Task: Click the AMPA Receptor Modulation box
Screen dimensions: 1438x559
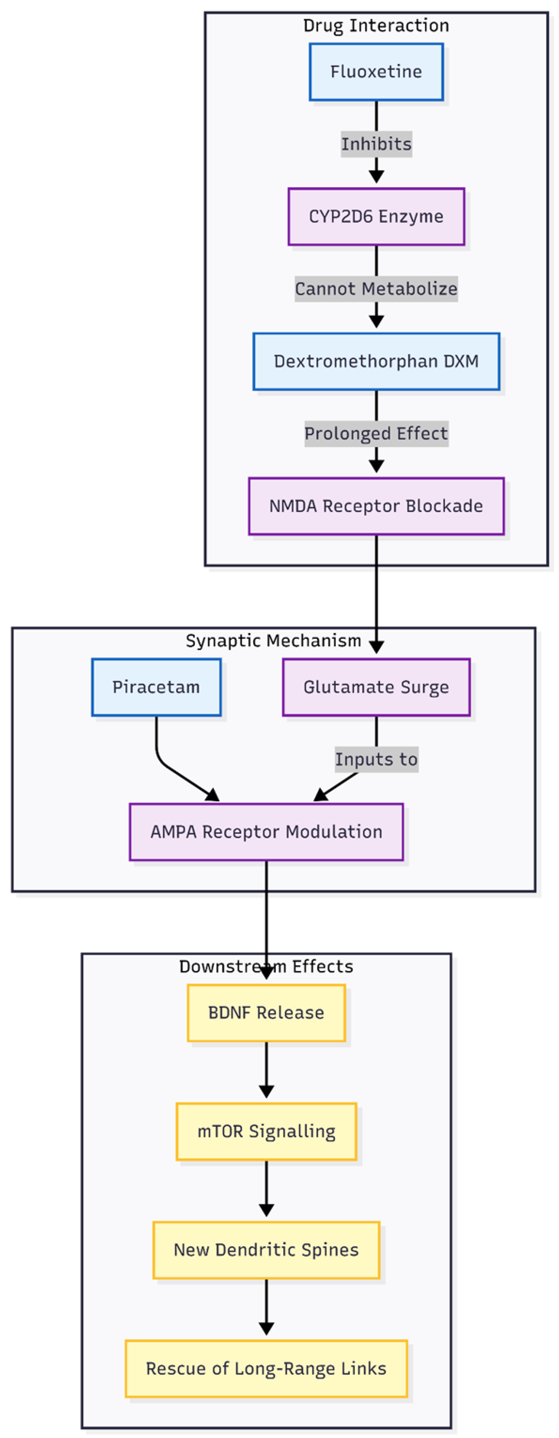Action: click(x=266, y=832)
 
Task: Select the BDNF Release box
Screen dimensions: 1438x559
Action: click(x=266, y=1013)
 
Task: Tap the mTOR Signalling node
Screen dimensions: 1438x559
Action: click(x=266, y=1132)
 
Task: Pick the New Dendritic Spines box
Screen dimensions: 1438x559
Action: click(x=266, y=1250)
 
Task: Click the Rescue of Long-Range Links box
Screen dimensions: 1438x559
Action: click(x=266, y=1369)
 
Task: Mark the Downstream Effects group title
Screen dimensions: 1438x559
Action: click(x=266, y=966)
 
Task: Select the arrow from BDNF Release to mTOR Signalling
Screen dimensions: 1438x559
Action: click(x=266, y=1069)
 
